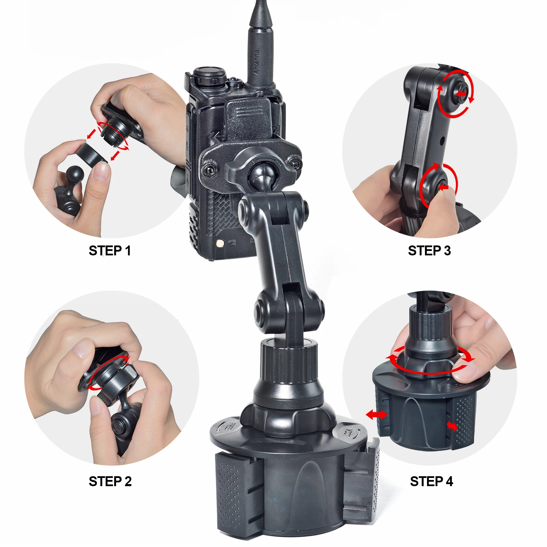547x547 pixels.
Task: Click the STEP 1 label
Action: (110, 251)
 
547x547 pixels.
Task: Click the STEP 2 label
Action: (110, 481)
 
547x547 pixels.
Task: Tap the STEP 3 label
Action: (429, 251)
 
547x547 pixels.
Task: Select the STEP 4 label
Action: (431, 481)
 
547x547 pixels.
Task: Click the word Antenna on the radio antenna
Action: (256, 63)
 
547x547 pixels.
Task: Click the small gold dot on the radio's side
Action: (220, 243)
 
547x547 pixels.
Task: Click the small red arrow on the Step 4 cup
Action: (452, 426)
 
